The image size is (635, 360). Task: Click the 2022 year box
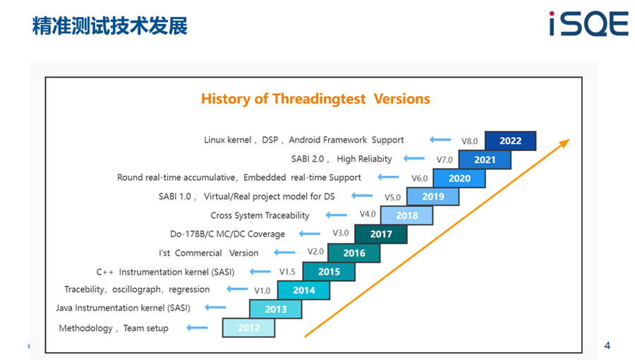pyautogui.click(x=510, y=140)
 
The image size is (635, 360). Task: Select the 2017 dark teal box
pyautogui.click(x=381, y=234)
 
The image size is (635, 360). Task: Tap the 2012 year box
pyautogui.click(x=248, y=328)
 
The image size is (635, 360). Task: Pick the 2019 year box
pyautogui.click(x=433, y=196)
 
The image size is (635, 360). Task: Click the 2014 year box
pyautogui.click(x=303, y=290)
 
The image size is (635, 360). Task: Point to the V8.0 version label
pyautogui.click(x=469, y=141)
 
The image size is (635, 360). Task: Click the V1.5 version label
pyautogui.click(x=287, y=272)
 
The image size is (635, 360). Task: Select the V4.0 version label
pyautogui.click(x=368, y=214)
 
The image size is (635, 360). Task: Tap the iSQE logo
pyautogui.click(x=589, y=23)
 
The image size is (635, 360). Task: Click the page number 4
pyautogui.click(x=607, y=345)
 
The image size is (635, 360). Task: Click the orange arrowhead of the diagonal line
pyautogui.click(x=564, y=143)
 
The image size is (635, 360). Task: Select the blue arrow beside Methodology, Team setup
pyautogui.click(x=198, y=328)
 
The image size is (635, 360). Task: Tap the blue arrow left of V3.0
pyautogui.click(x=310, y=233)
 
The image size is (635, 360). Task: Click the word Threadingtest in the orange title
pyautogui.click(x=319, y=99)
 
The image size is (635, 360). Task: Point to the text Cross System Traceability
pyautogui.click(x=260, y=215)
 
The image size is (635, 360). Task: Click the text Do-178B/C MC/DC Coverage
pyautogui.click(x=227, y=234)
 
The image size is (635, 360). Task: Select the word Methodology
pyautogui.click(x=86, y=328)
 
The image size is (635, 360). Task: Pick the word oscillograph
pyautogui.click(x=136, y=289)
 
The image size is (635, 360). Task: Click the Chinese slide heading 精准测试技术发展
pyautogui.click(x=110, y=25)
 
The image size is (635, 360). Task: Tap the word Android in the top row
pyautogui.click(x=304, y=140)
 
